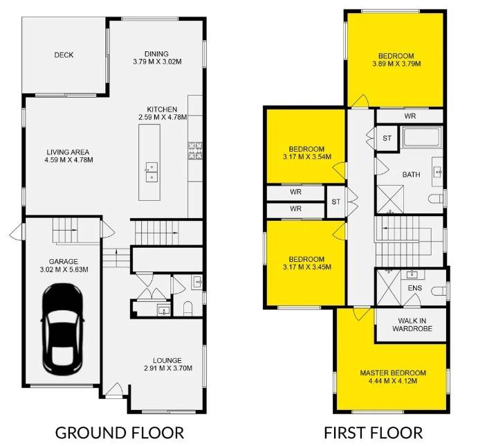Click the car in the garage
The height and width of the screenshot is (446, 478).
[62, 329]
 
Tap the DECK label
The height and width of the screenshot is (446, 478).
[64, 55]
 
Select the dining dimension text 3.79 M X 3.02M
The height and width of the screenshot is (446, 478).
[157, 62]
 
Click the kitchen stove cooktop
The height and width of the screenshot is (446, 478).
[195, 150]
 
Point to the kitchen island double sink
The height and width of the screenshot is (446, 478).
[151, 172]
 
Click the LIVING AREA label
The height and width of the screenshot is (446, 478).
[68, 152]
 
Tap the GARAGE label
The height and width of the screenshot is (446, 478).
[64, 262]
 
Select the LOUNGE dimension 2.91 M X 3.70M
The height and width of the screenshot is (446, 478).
[168, 368]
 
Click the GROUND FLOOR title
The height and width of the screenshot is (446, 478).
[120, 433]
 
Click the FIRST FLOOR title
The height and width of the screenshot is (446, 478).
[373, 433]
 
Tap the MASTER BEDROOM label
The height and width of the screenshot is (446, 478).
[393, 373]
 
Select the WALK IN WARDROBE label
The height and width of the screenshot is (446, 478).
[412, 325]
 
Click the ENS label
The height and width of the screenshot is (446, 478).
[415, 288]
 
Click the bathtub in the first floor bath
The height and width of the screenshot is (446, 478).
[422, 137]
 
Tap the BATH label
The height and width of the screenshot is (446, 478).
[411, 175]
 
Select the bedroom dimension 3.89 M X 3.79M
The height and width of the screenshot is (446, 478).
[396, 64]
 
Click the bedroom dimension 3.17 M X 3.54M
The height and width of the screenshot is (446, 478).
[307, 157]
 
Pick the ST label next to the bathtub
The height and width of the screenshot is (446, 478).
[387, 139]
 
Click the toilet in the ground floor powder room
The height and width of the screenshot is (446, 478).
[188, 309]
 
